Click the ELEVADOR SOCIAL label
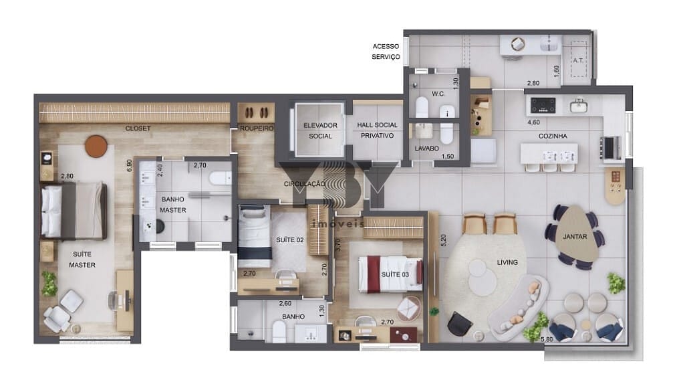tap(320, 130)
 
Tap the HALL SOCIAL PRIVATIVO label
tap(377, 130)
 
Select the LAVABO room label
tap(426, 149)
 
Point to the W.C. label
tap(438, 94)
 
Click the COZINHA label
tap(553, 136)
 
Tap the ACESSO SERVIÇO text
tap(386, 52)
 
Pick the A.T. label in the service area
tap(578, 60)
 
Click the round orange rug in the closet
tap(96, 146)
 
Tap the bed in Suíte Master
tap(74, 211)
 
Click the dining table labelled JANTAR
tap(575, 237)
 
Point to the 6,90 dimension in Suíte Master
tap(129, 166)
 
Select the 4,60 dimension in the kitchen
tap(534, 122)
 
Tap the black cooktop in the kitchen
tap(543, 105)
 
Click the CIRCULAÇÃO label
tap(304, 184)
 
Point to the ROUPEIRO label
tap(257, 128)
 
